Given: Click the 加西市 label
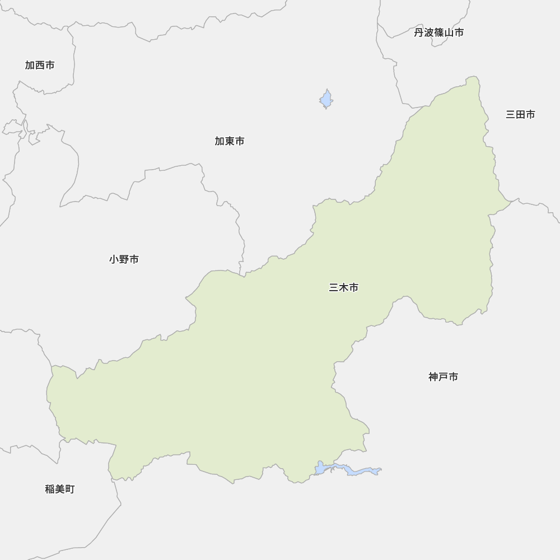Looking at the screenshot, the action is (40, 66).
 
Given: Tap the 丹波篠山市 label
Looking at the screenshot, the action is (439, 33).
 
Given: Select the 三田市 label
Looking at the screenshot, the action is (520, 115).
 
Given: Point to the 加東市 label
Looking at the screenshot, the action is (230, 142).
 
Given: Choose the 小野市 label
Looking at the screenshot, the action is (124, 260).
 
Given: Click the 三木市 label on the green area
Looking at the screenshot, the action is (344, 288).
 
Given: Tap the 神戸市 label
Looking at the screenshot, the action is (444, 377).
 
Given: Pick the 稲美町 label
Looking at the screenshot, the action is (60, 489).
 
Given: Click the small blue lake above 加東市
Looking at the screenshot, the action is (326, 100).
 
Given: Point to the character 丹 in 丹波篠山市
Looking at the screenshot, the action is (419, 33).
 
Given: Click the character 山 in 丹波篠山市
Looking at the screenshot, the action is (449, 33).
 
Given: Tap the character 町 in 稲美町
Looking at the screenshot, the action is (69, 489).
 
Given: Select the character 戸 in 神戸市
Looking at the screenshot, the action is (444, 377).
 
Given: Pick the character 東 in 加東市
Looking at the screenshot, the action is (230, 142).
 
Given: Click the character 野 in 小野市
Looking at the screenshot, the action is (124, 260).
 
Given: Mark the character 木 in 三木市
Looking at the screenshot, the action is (344, 288).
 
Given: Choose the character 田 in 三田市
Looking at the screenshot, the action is (520, 115).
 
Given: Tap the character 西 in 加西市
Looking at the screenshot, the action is (40, 66).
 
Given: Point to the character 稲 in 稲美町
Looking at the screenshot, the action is (50, 489).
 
